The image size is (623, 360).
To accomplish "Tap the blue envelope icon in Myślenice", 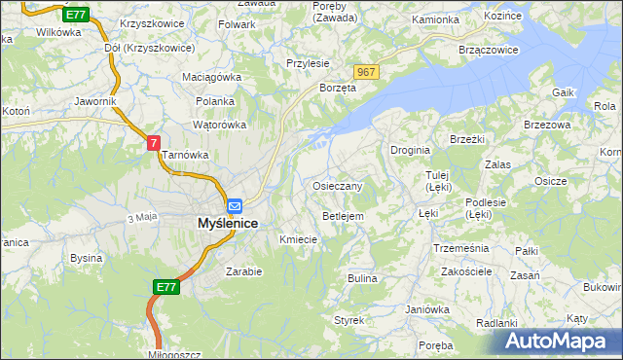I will point(235,206).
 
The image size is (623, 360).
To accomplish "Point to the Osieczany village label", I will point(338,186).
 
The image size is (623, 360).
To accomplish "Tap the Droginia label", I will point(411,150).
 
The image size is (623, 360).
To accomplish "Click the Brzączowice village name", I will point(485,48).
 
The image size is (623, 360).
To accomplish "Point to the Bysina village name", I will point(86,259).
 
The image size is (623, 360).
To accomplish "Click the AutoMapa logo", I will point(561,342).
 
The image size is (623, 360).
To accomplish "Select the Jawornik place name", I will point(95,101).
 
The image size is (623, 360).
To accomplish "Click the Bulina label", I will point(362,278).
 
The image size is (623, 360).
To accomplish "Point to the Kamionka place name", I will point(434,19).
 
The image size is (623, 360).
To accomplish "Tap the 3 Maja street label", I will point(141,216).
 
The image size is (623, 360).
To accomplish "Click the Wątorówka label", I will point(219,125).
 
